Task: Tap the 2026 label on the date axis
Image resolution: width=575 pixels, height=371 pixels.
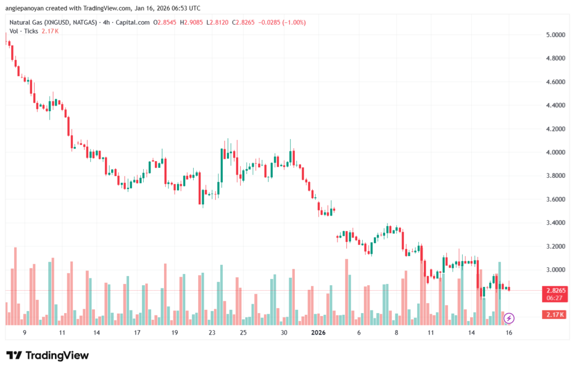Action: tap(318, 333)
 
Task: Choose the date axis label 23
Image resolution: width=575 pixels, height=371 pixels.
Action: tap(212, 333)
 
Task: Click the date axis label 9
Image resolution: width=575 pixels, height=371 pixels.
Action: tap(25, 333)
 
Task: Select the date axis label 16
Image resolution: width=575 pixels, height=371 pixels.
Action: tap(509, 333)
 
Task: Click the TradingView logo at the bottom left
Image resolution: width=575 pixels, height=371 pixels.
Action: tap(47, 355)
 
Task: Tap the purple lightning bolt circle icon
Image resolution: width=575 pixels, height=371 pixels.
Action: tap(509, 318)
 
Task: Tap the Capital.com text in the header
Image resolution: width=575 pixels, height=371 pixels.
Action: tap(135, 22)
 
